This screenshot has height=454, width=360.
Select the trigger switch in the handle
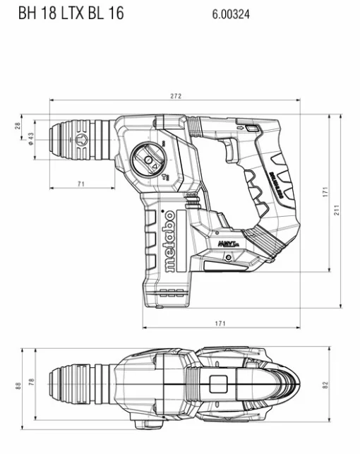click(x=229, y=150)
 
